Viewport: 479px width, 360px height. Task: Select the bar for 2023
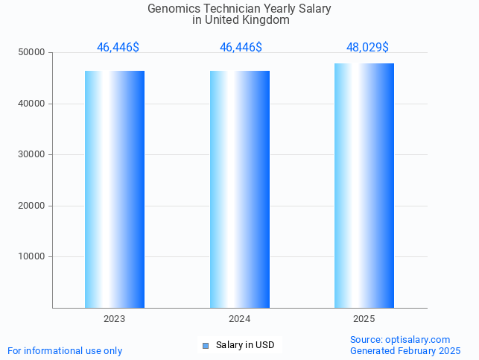[x=115, y=189]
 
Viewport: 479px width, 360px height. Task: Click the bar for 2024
[x=240, y=189]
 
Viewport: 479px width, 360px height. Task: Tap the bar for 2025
[x=364, y=186]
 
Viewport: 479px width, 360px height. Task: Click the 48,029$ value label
[x=367, y=48]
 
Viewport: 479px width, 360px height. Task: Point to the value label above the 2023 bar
[x=118, y=48]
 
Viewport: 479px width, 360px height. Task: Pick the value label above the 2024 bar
[x=241, y=48]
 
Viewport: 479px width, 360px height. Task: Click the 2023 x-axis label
[x=115, y=319]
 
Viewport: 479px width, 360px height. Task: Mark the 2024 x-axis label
[x=240, y=319]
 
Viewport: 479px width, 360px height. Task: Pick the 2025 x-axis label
[x=364, y=319]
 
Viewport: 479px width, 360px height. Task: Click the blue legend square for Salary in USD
[x=206, y=345]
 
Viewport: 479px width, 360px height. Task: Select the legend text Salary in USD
[x=245, y=345]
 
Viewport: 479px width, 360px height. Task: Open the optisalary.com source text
[x=400, y=340]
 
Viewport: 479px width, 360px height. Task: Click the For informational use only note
[x=65, y=351]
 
